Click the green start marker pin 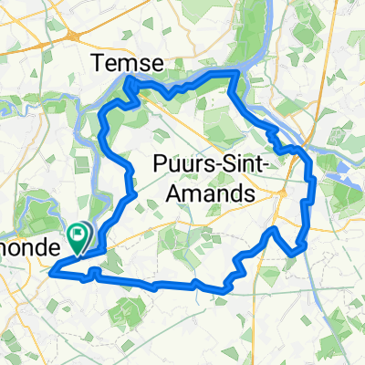[79, 237]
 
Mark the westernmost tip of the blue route [51, 270]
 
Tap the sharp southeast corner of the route [296, 255]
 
